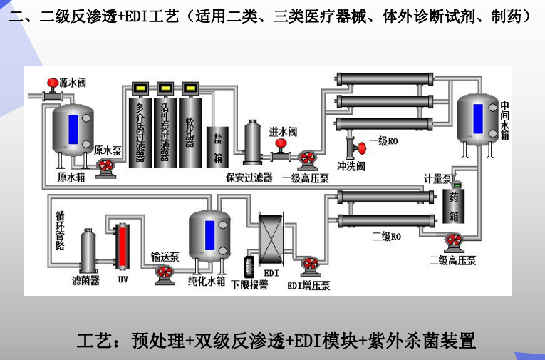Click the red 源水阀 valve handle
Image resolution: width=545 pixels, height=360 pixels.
click(52, 83)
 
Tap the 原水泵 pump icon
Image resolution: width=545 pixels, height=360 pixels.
click(106, 167)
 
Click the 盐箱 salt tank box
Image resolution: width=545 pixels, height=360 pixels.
click(217, 147)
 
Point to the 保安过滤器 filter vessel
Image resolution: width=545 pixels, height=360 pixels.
click(252, 145)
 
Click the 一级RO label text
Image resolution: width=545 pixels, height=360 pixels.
click(388, 142)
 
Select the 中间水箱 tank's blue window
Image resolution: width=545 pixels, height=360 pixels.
click(477, 118)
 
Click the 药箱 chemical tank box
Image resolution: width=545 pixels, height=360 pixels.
click(454, 206)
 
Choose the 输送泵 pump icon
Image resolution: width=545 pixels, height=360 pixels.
click(164, 274)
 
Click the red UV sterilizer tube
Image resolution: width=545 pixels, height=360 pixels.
click(122, 246)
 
